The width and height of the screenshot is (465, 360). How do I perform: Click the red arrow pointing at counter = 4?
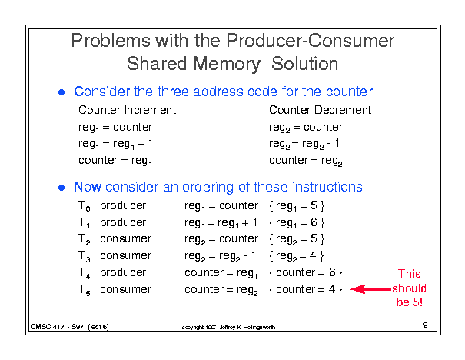(371, 289)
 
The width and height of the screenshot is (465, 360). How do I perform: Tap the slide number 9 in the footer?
(425, 325)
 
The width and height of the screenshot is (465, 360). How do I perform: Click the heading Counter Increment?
(128, 110)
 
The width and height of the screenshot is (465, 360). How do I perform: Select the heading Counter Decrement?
(320, 110)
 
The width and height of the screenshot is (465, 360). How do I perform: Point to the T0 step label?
(85, 206)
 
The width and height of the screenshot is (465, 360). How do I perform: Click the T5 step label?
(85, 290)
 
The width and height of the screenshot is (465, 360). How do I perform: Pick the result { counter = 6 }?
(305, 272)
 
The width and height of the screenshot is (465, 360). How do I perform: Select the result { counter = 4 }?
(305, 289)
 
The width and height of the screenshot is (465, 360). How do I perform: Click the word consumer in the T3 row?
(125, 255)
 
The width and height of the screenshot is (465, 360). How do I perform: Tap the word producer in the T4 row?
(123, 273)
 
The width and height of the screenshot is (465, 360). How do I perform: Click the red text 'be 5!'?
(410, 302)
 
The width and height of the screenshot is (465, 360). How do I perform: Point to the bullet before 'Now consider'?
(61, 188)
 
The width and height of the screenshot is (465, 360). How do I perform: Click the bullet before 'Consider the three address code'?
(61, 92)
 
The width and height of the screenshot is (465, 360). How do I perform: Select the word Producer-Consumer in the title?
(311, 41)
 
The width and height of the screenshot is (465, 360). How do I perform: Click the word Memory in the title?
(227, 65)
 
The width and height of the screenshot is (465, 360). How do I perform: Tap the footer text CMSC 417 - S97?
(57, 327)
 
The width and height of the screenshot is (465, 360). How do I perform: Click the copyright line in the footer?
(228, 328)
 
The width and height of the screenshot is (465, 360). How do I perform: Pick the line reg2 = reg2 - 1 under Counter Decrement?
(304, 145)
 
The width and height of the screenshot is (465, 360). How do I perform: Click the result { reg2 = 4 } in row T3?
(296, 256)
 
